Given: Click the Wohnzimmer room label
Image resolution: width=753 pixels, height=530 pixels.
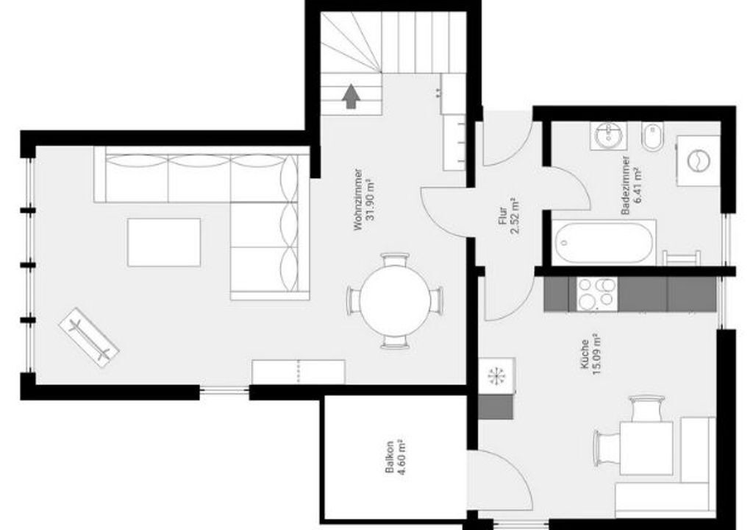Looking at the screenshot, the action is [x=358, y=199].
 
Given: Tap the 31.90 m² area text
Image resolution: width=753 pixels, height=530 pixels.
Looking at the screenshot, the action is [x=371, y=199].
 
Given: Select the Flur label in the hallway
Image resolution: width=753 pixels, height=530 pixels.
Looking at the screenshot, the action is [x=503, y=216].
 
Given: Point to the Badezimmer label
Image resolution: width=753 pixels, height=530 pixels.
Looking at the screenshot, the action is [x=625, y=185].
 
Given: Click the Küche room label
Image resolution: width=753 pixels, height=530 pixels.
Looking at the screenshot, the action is [x=585, y=355].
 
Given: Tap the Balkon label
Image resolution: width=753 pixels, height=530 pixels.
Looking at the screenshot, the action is [x=390, y=457].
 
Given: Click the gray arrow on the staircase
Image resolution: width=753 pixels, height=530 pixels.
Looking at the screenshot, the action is [x=351, y=96].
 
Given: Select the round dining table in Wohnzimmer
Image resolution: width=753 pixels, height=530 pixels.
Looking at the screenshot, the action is [x=395, y=300].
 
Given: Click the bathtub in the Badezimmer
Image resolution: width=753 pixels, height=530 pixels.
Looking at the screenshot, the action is [x=604, y=242].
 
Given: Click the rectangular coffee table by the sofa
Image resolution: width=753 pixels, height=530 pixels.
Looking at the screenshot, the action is [x=164, y=242].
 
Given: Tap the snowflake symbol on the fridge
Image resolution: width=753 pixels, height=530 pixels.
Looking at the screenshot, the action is [x=495, y=375].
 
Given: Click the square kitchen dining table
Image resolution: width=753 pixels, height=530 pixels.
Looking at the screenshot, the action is [x=646, y=448].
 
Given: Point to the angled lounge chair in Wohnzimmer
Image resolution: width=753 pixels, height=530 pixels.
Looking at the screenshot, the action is [x=89, y=337].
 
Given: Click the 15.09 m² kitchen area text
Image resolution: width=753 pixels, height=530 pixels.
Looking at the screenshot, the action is [x=597, y=355].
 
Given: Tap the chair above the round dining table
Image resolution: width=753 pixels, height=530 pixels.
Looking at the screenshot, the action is [x=395, y=260].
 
